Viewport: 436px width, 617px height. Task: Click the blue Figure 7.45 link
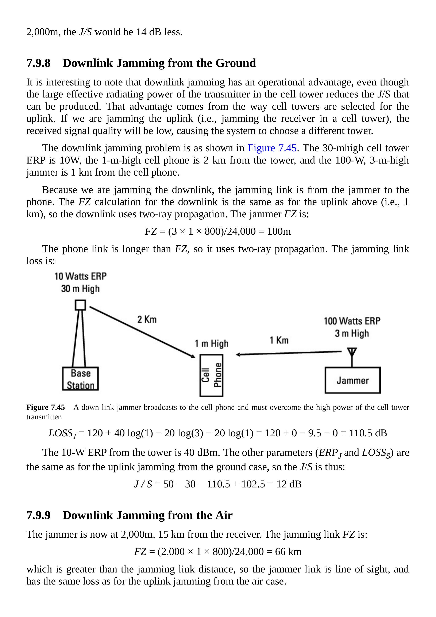pyautogui.click(x=272, y=148)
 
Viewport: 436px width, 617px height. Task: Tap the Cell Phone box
pyautogui.click(x=211, y=375)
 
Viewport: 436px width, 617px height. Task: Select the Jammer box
pyautogui.click(x=352, y=380)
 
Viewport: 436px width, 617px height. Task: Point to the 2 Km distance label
pyautogui.click(x=147, y=319)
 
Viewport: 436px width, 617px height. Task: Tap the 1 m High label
pyautogui.click(x=211, y=344)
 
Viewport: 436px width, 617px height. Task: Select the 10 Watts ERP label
pyautogui.click(x=81, y=276)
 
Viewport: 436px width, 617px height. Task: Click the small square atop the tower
pyautogui.click(x=80, y=305)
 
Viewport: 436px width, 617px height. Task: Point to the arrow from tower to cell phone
pyautogui.click(x=142, y=332)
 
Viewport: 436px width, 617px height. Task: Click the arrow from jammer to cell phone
pyautogui.click(x=289, y=353)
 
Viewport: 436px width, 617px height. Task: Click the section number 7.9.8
pyautogui.click(x=38, y=63)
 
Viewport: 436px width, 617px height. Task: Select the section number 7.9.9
pyautogui.click(x=38, y=515)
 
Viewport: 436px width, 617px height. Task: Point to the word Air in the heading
pyautogui.click(x=224, y=515)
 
